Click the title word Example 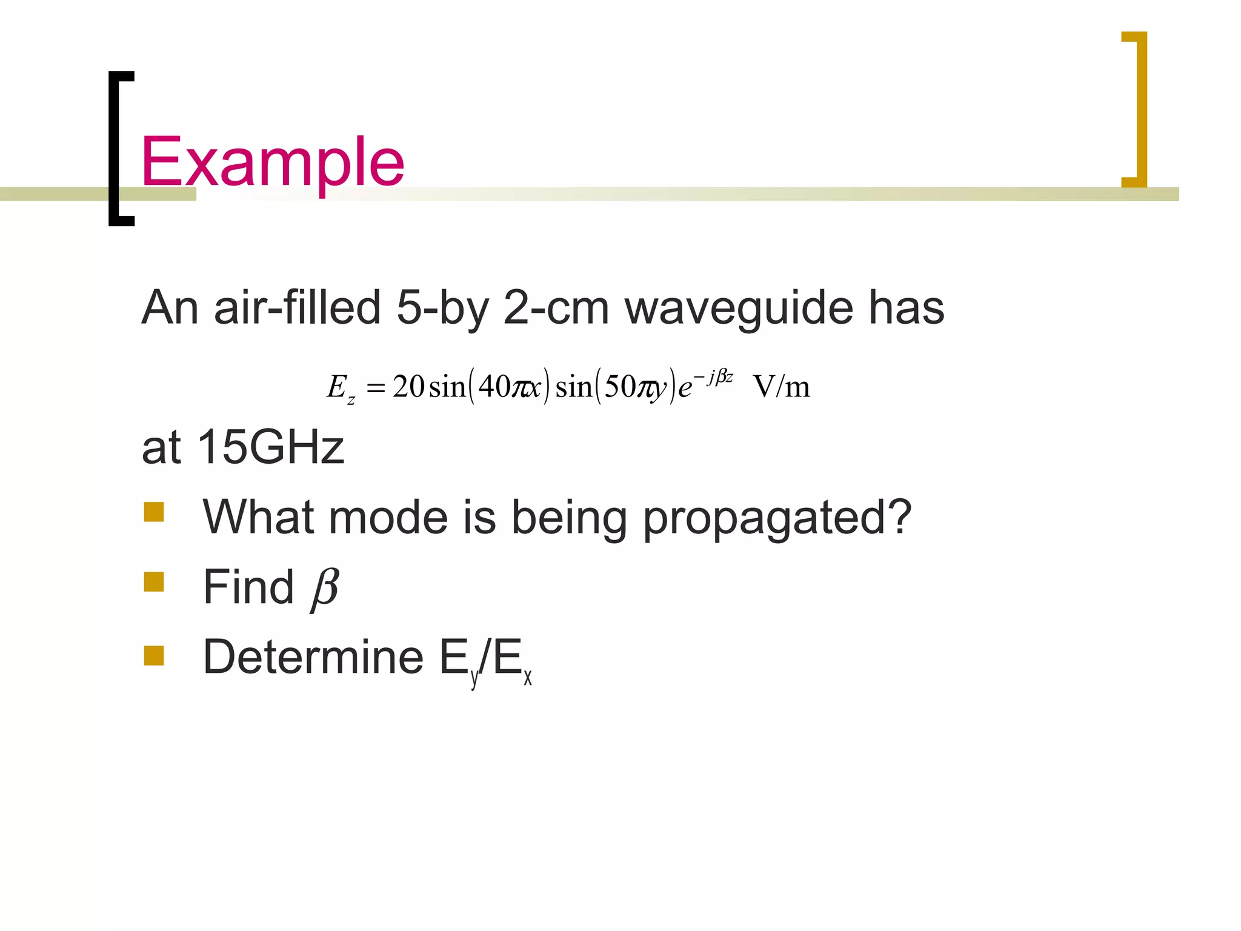click(272, 162)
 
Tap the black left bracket click(115, 148)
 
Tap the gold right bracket click(1139, 109)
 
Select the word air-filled click(297, 307)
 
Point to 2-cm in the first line click(556, 307)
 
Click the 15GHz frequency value click(270, 447)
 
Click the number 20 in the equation click(408, 386)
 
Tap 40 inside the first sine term click(493, 386)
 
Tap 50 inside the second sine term click(619, 386)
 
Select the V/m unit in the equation click(781, 386)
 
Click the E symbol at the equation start click(337, 386)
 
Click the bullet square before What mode click(154, 512)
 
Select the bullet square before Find click(154, 582)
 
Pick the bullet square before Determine click(154, 656)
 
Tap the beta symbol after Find click(325, 588)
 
